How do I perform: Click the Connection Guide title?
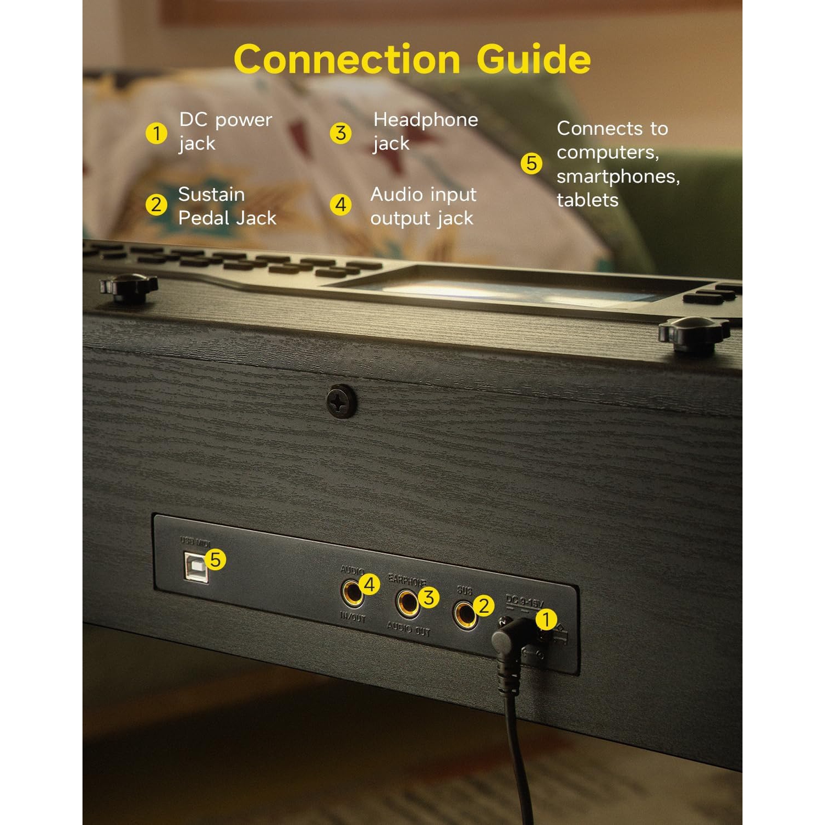412,59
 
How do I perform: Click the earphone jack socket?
408,603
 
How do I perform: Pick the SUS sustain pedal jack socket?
464,614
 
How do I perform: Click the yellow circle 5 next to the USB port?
215,559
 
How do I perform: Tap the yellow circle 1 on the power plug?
546,619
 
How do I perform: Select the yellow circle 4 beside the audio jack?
370,584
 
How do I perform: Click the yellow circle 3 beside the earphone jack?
428,597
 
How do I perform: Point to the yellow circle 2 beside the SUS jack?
484,606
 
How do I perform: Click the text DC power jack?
225,131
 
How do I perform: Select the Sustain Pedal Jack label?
227,206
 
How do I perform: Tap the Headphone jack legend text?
425,131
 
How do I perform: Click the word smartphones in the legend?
618,177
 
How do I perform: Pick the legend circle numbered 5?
531,163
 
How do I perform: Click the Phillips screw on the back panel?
341,401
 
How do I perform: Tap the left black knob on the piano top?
129,288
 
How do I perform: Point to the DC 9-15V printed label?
524,602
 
